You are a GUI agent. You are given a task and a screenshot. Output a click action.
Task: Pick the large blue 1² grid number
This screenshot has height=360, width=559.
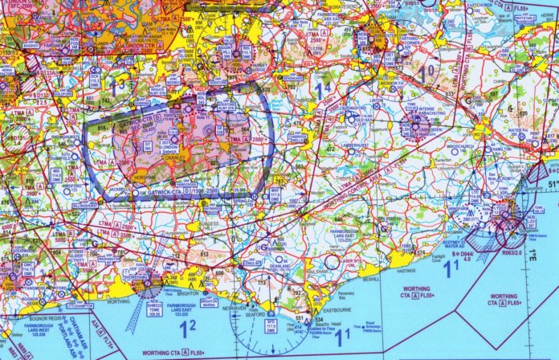[x=186, y=327]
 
